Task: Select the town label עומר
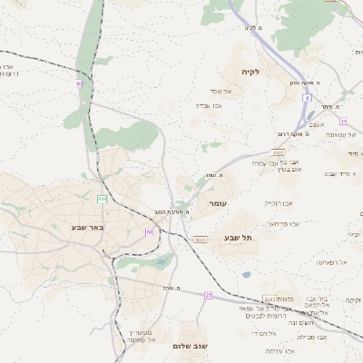(x=219, y=204)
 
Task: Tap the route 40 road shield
(x=80, y=83)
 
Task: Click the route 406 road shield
(x=103, y=199)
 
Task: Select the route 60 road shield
(x=149, y=232)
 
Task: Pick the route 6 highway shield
(x=308, y=97)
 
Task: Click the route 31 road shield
(x=343, y=120)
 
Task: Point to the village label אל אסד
(x=224, y=91)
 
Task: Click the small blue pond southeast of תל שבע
(x=246, y=274)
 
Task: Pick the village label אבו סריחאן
(x=283, y=222)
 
